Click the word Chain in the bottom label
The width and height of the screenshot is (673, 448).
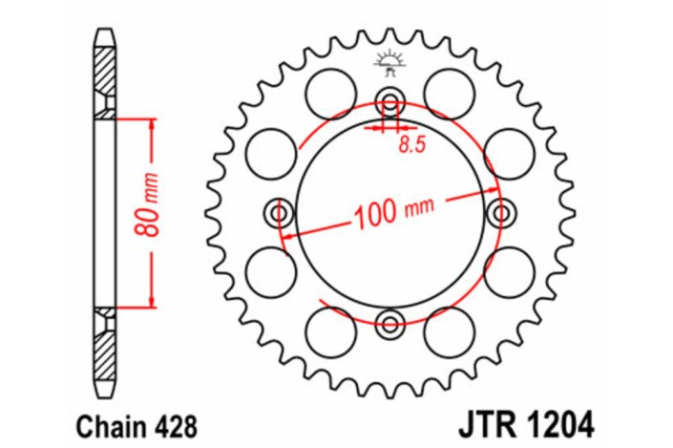click(x=95, y=420)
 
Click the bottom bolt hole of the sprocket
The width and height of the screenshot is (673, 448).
click(x=389, y=323)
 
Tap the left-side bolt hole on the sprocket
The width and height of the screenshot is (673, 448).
click(x=279, y=212)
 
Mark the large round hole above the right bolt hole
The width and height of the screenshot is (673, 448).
click(x=507, y=154)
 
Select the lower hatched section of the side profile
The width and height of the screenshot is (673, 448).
click(x=104, y=358)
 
